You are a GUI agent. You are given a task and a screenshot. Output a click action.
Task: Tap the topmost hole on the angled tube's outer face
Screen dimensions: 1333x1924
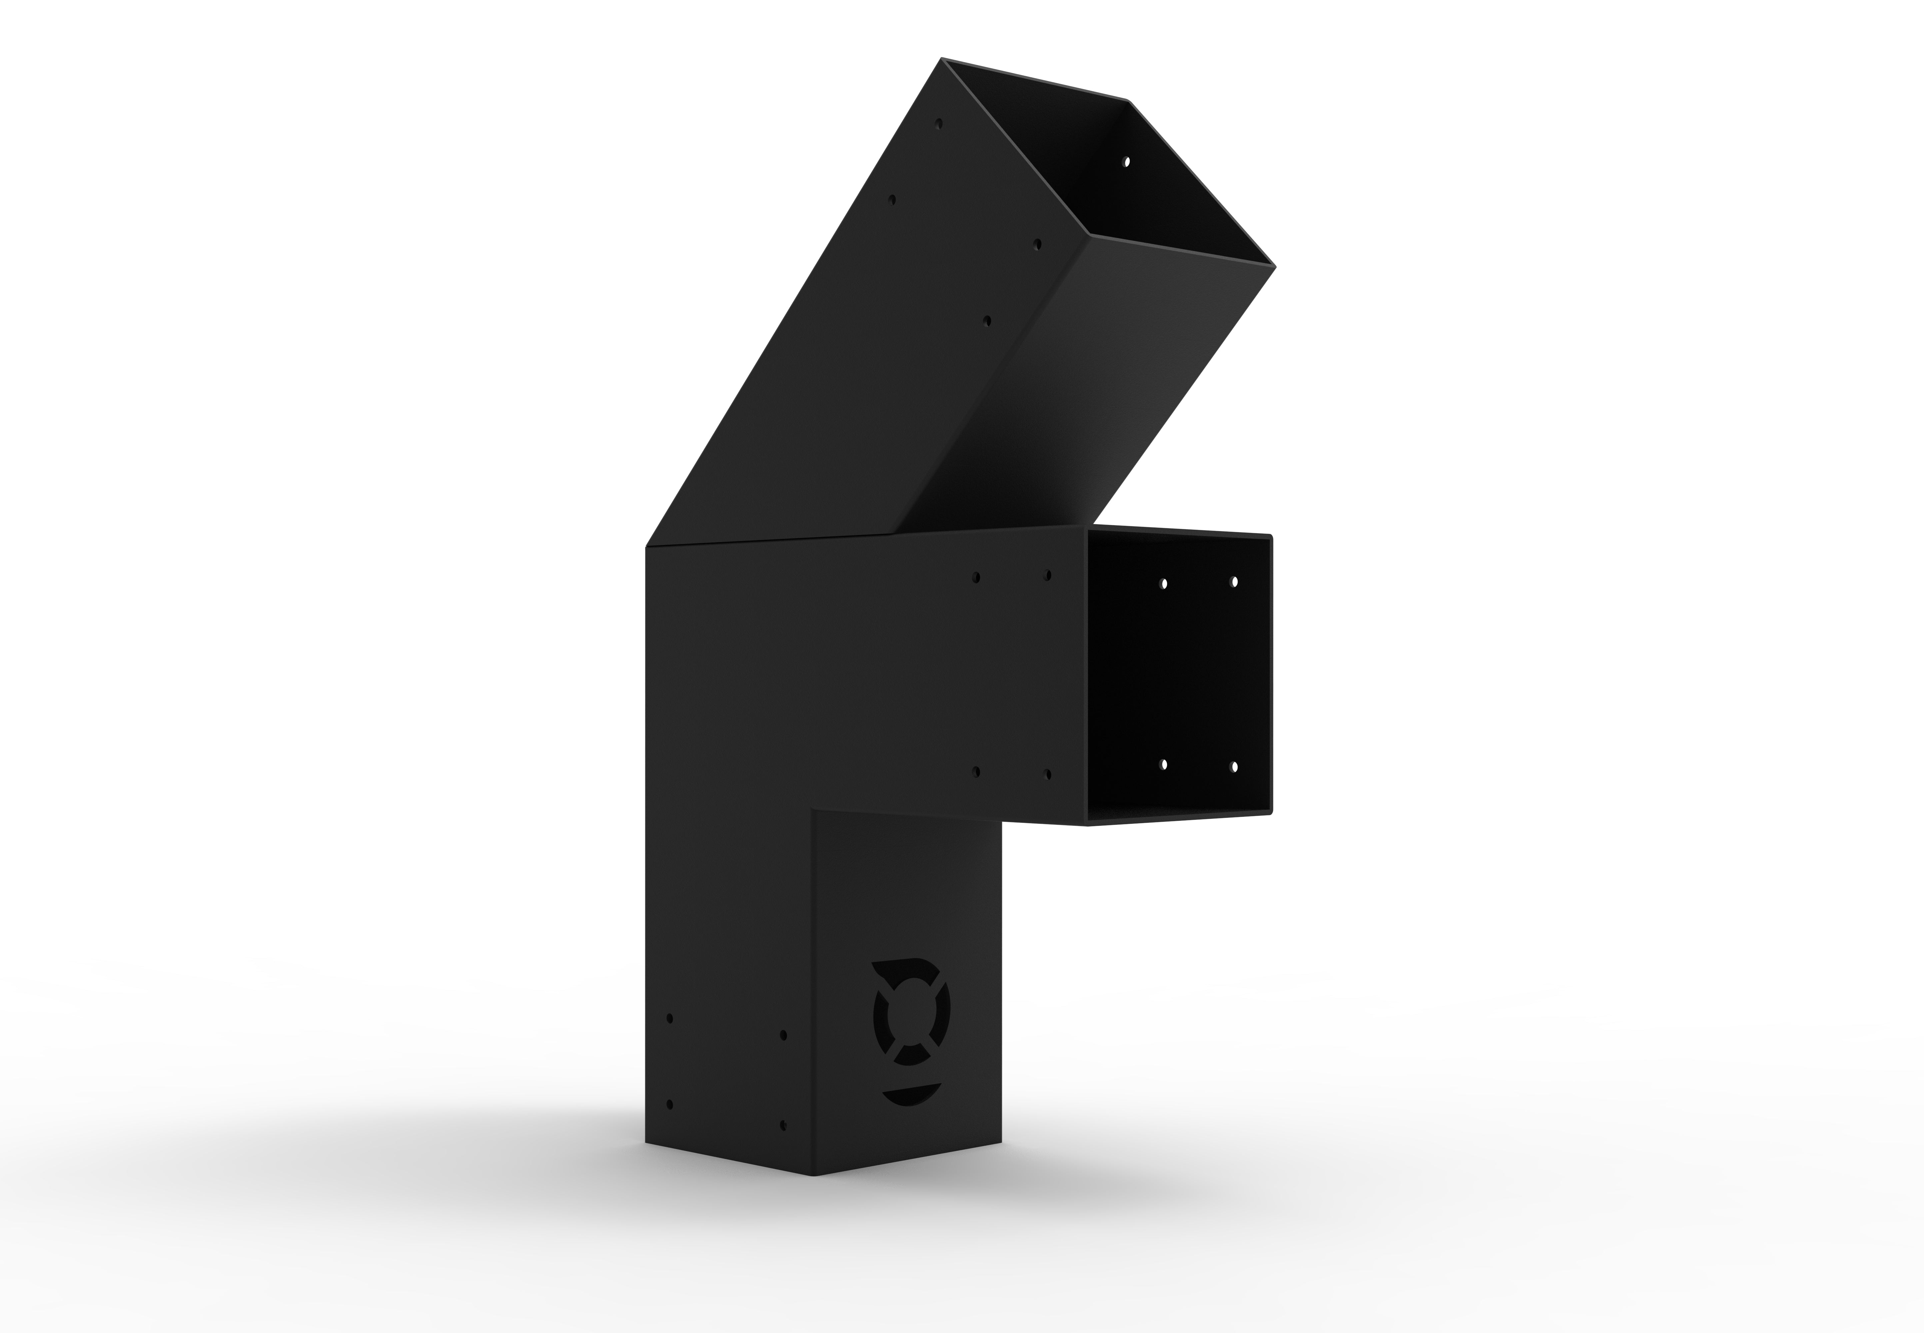(x=939, y=124)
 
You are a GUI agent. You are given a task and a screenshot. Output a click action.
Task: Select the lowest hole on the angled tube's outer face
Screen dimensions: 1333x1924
(x=987, y=321)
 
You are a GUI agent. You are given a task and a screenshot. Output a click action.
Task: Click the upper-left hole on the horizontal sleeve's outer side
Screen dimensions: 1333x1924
(x=976, y=577)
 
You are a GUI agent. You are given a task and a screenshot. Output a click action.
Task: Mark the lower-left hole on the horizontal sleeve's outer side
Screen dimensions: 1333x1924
(x=976, y=772)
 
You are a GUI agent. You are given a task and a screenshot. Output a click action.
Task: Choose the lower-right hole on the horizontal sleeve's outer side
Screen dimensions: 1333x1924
(x=1047, y=774)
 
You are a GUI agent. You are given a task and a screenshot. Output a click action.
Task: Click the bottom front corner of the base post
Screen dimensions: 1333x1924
(x=814, y=1175)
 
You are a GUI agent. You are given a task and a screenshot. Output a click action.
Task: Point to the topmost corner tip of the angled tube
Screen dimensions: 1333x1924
(x=942, y=58)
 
